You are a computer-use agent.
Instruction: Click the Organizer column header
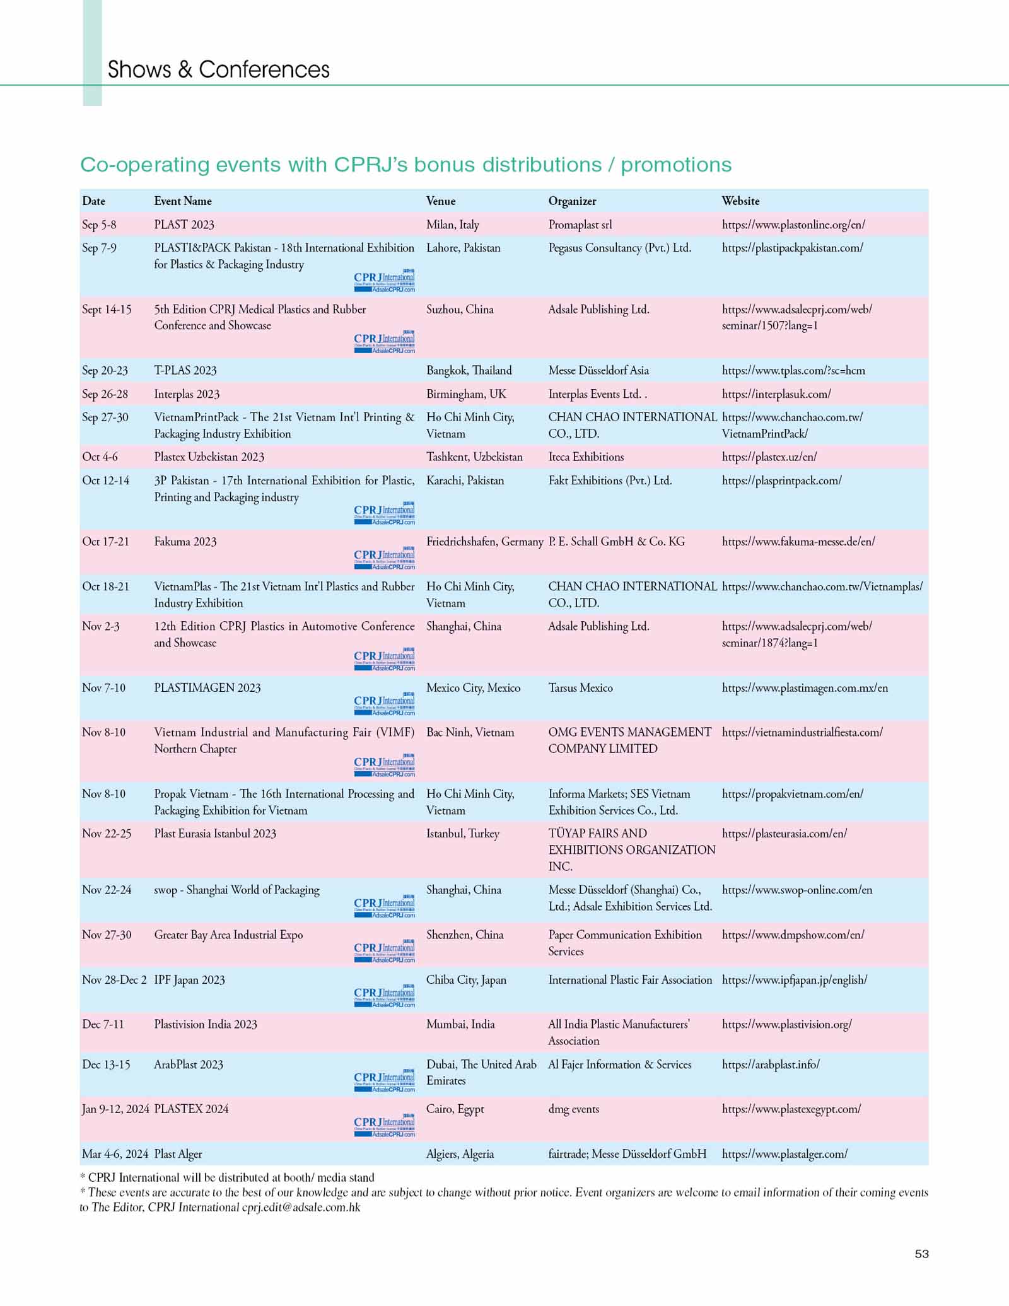[572, 201]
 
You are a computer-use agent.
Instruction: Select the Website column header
[740, 201]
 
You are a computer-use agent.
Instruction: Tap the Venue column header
[441, 201]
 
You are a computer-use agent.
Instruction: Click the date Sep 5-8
[99, 225]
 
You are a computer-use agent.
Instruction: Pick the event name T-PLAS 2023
[185, 371]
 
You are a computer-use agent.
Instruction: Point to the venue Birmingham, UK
[466, 394]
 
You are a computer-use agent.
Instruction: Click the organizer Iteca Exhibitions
[586, 457]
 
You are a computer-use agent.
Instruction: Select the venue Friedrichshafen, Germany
[484, 542]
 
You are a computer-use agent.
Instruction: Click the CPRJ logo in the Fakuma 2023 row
[384, 558]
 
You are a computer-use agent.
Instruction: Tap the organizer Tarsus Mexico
[580, 688]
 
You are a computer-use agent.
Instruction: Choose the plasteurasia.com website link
[784, 834]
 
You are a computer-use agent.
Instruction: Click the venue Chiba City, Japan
[466, 980]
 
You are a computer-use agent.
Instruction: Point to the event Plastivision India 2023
[206, 1024]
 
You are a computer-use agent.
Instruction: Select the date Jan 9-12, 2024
[115, 1109]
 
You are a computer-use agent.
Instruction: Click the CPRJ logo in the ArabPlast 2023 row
[384, 1081]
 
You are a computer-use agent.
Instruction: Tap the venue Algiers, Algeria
[460, 1154]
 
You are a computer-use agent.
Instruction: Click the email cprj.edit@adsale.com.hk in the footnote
[301, 1208]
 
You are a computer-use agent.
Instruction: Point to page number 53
[921, 1254]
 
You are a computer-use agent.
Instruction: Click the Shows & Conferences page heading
[218, 69]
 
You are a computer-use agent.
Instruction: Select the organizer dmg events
[573, 1109]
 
